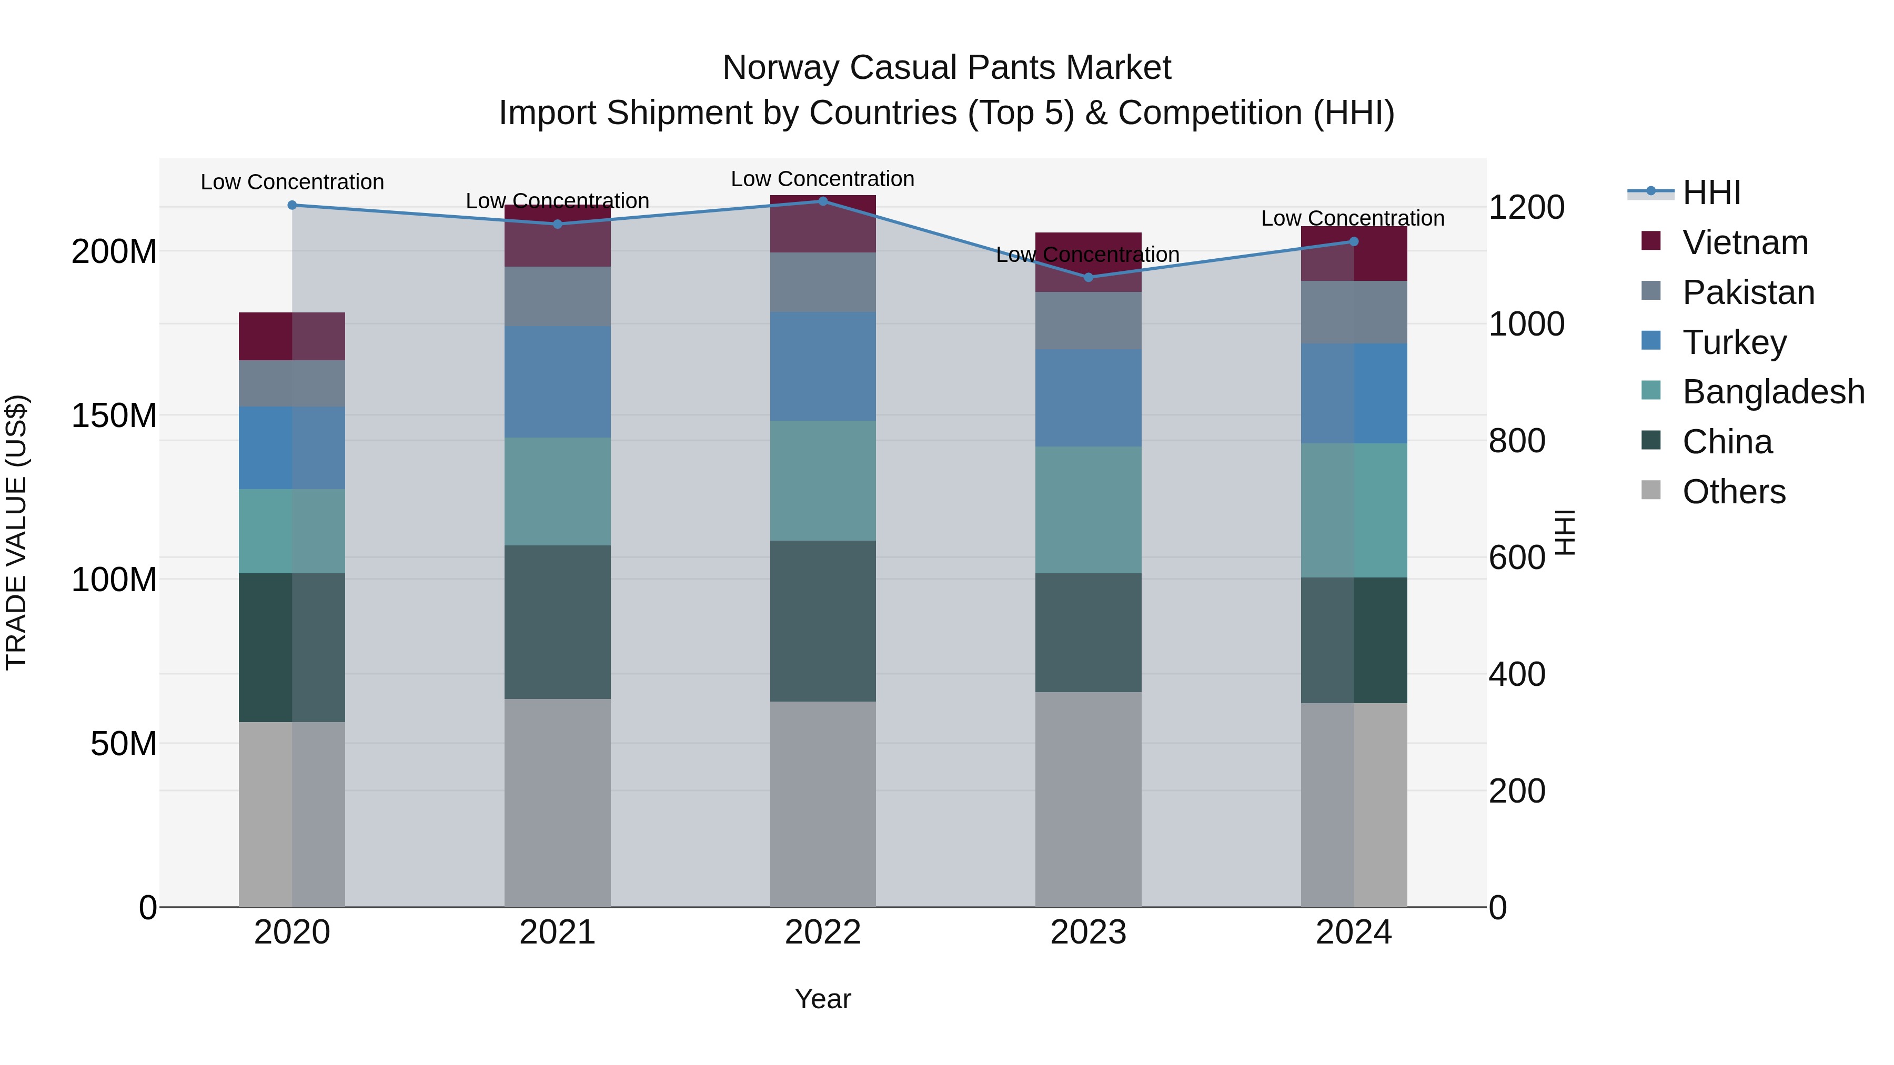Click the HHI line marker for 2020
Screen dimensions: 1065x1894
pos(292,205)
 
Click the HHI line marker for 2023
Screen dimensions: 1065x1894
pos(1088,277)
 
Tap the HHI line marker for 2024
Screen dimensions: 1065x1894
pos(1354,241)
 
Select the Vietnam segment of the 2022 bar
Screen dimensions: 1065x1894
pos(823,224)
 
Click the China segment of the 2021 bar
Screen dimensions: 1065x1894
pos(557,622)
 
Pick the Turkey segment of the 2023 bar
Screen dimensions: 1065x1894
pos(1088,398)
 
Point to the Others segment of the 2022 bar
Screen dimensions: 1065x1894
pos(823,804)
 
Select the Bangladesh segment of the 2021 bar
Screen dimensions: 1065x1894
pos(557,491)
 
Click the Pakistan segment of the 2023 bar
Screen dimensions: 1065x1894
pos(1088,320)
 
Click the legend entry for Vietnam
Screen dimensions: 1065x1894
pos(1745,242)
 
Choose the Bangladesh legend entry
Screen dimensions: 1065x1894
pos(1772,392)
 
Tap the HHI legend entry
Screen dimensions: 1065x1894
pos(1711,192)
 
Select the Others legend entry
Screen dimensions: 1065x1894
pos(1733,492)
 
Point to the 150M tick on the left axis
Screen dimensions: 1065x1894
pos(114,416)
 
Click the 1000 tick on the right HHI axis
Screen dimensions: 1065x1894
pos(1526,324)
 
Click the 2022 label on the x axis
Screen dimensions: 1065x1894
pos(823,932)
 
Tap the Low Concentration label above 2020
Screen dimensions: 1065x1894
pos(292,181)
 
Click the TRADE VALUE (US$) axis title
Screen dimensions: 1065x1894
pos(16,532)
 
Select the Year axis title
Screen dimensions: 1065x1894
pos(823,999)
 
